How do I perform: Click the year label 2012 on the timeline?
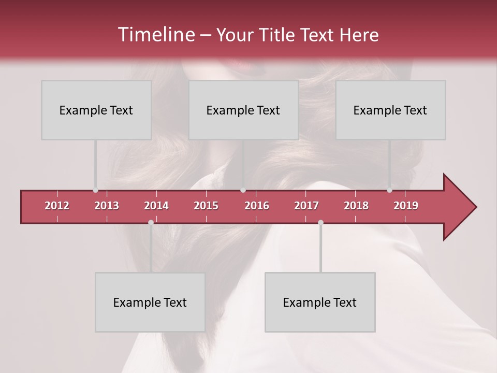click(57, 206)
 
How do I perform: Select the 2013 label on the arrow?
click(107, 206)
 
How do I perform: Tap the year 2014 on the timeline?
click(156, 206)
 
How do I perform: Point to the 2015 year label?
click(206, 206)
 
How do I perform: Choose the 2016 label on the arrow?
click(257, 206)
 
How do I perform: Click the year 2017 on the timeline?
click(306, 206)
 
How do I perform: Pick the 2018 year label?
click(356, 206)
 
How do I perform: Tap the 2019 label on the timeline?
click(406, 206)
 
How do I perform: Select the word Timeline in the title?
click(155, 35)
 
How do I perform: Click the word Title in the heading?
click(279, 35)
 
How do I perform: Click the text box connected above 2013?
click(96, 110)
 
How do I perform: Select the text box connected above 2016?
click(243, 110)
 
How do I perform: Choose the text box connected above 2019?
click(390, 110)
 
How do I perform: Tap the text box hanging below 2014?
click(150, 303)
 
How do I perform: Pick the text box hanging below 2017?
click(320, 303)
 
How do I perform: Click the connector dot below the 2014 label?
click(151, 222)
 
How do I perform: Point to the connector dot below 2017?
click(320, 222)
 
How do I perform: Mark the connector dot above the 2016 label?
click(243, 190)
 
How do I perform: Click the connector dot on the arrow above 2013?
click(95, 190)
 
